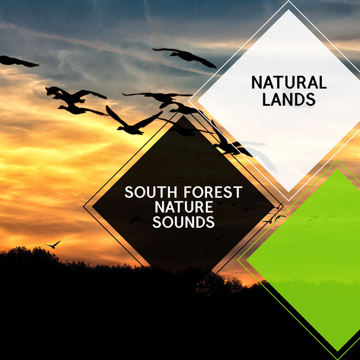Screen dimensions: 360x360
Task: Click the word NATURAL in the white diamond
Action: coord(289,83)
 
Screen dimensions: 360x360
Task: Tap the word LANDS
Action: coord(289,99)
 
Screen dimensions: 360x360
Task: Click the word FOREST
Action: coord(213,192)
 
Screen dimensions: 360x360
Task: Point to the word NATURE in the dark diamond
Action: coord(184,207)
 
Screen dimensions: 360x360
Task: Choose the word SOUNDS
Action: coord(184,222)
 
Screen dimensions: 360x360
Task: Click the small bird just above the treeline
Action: coord(53,245)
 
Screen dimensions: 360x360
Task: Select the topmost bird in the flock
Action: coord(185,57)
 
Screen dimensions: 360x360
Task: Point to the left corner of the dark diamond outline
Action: coord(83,206)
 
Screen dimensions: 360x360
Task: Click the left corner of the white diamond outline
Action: coord(189,101)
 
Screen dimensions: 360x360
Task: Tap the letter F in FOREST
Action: coord(187,192)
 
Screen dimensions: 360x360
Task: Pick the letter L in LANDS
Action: coord(266,99)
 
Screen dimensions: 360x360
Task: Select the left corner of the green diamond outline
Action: coord(238,260)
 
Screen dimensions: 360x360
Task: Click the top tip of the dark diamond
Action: coord(183,115)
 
